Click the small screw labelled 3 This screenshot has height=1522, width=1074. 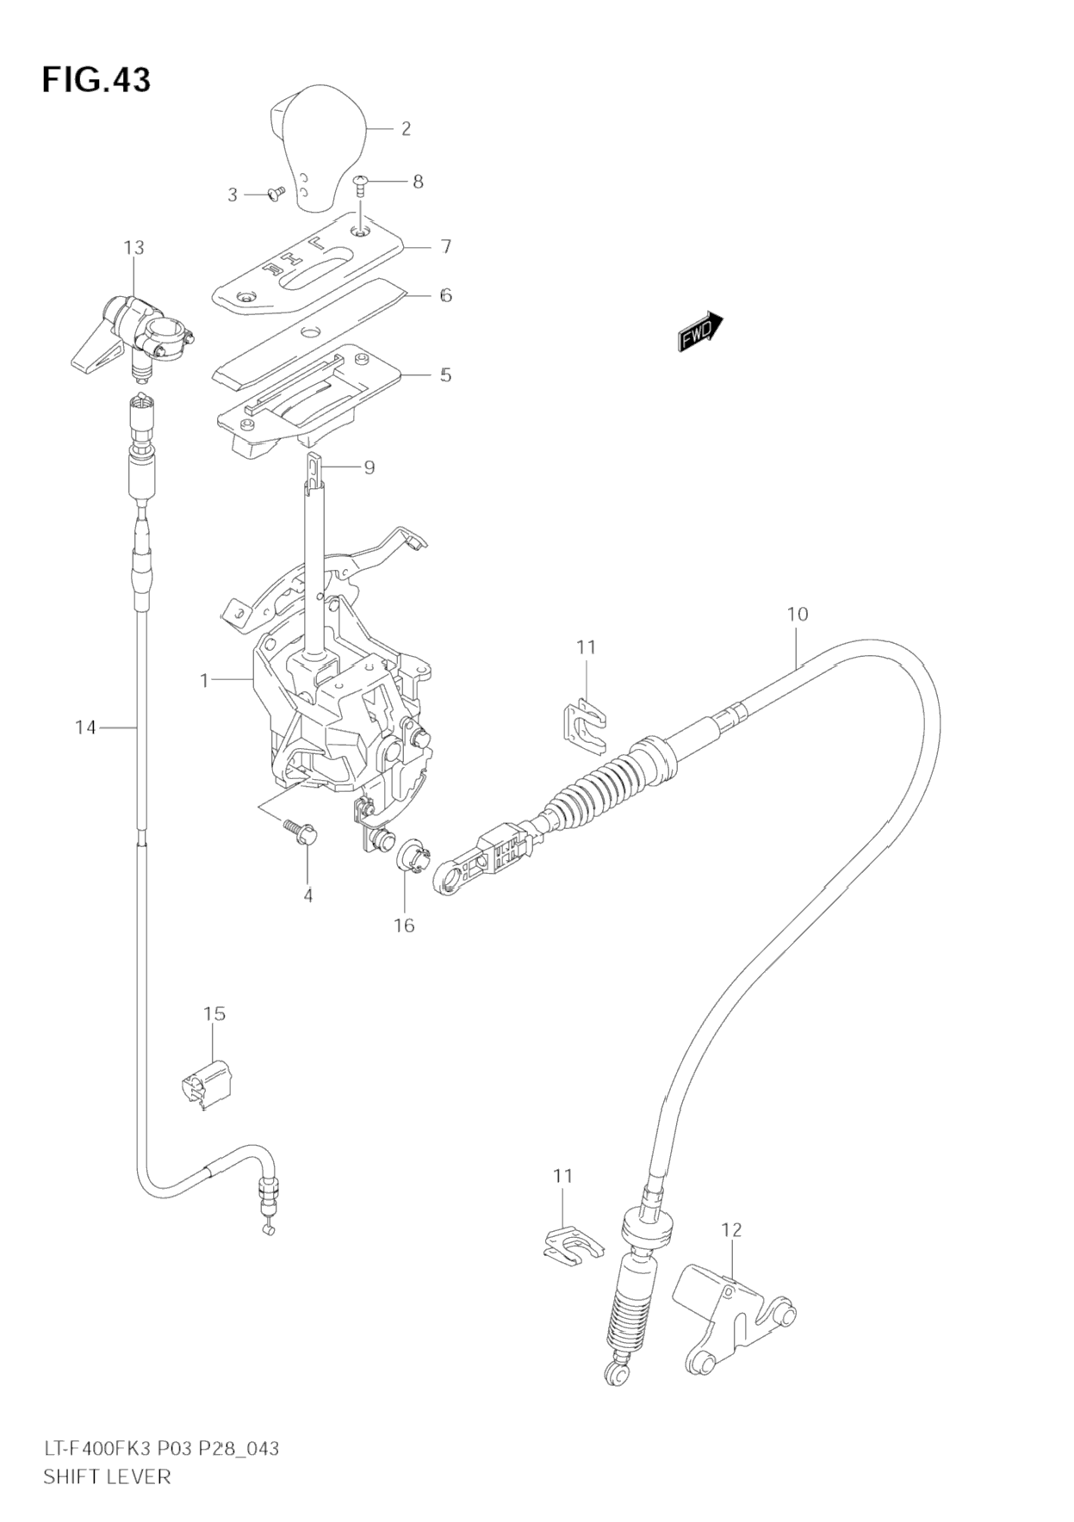click(x=276, y=195)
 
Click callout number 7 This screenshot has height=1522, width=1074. click(x=445, y=247)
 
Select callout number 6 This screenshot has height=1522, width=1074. click(x=445, y=295)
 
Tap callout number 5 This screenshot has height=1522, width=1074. click(x=445, y=374)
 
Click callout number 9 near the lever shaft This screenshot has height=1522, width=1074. click(x=369, y=467)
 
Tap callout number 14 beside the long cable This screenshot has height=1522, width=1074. click(x=85, y=727)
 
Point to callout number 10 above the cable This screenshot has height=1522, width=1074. click(x=798, y=614)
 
